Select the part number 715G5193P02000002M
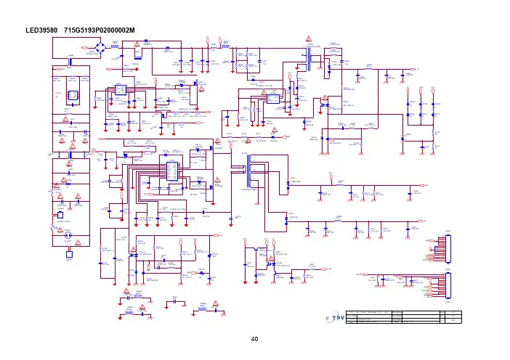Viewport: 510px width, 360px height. click(x=105, y=30)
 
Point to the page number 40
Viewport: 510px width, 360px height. click(x=254, y=338)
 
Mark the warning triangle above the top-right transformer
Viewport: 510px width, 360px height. click(x=308, y=38)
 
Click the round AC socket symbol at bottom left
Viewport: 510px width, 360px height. click(x=68, y=236)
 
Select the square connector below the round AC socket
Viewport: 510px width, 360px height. click(x=68, y=253)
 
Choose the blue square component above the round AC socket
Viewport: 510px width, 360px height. click(x=62, y=216)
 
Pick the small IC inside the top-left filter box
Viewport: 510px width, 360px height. click(x=73, y=95)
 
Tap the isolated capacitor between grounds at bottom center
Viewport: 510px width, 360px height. click(x=174, y=303)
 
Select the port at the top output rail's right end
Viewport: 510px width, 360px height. click(x=418, y=70)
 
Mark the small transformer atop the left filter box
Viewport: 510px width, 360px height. click(x=70, y=63)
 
